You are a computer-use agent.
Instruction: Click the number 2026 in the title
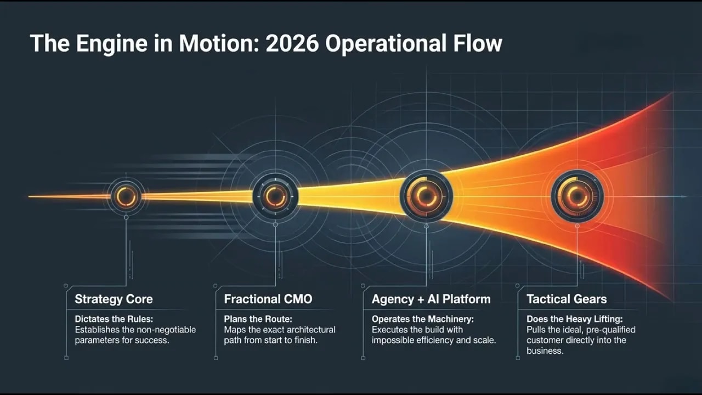[292, 43]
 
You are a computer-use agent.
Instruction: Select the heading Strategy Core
[114, 299]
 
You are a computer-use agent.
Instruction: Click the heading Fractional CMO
[268, 299]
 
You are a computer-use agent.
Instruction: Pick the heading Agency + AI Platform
[431, 299]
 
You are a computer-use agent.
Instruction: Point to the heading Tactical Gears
[567, 299]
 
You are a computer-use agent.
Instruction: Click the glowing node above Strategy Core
[126, 196]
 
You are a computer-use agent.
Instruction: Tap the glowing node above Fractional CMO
[275, 196]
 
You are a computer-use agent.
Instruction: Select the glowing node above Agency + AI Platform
[426, 196]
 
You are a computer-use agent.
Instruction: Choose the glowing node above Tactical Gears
[577, 196]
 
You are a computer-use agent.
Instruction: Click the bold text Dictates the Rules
[107, 319]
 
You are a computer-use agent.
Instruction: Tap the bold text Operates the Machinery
[422, 319]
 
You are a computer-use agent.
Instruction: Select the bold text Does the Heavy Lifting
[575, 319]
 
